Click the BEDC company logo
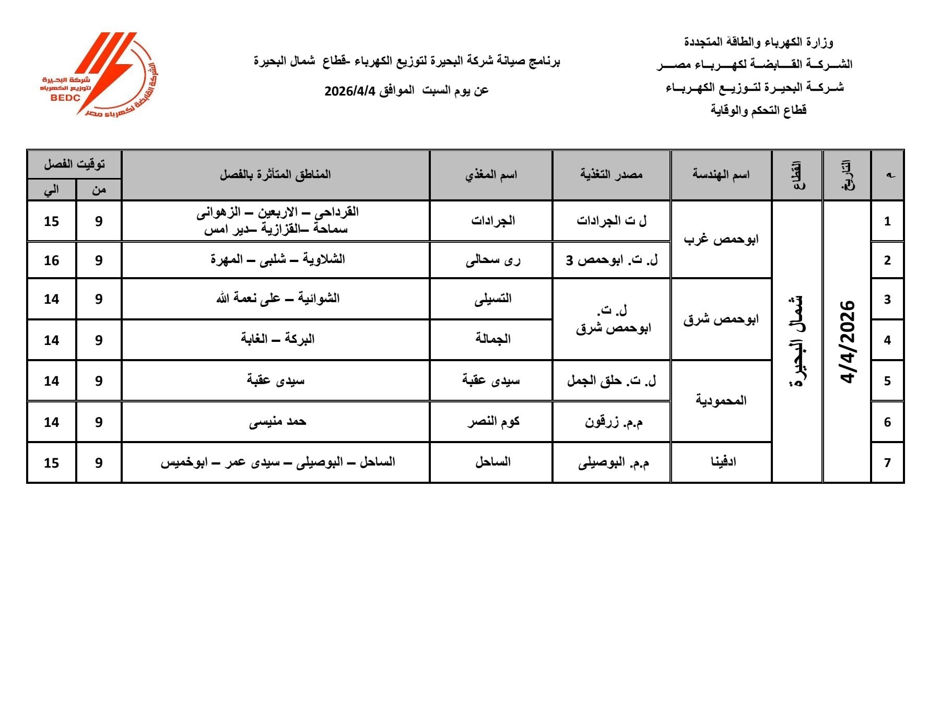click(x=99, y=74)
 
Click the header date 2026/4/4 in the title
click(x=349, y=91)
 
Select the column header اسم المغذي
click(x=491, y=175)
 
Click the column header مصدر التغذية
click(x=611, y=175)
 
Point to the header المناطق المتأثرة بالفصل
click(x=275, y=175)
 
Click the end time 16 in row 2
click(x=51, y=260)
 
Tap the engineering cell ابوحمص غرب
click(x=721, y=240)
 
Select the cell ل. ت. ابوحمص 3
click(x=612, y=260)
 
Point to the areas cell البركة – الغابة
click(x=277, y=340)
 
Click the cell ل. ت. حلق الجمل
click(x=612, y=381)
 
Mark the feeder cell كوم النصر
click(x=492, y=422)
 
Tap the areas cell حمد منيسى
click(x=277, y=422)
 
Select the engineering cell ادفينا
click(x=723, y=462)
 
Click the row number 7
click(x=887, y=463)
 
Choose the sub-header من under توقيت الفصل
click(x=99, y=190)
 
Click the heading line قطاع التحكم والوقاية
click(x=758, y=110)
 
